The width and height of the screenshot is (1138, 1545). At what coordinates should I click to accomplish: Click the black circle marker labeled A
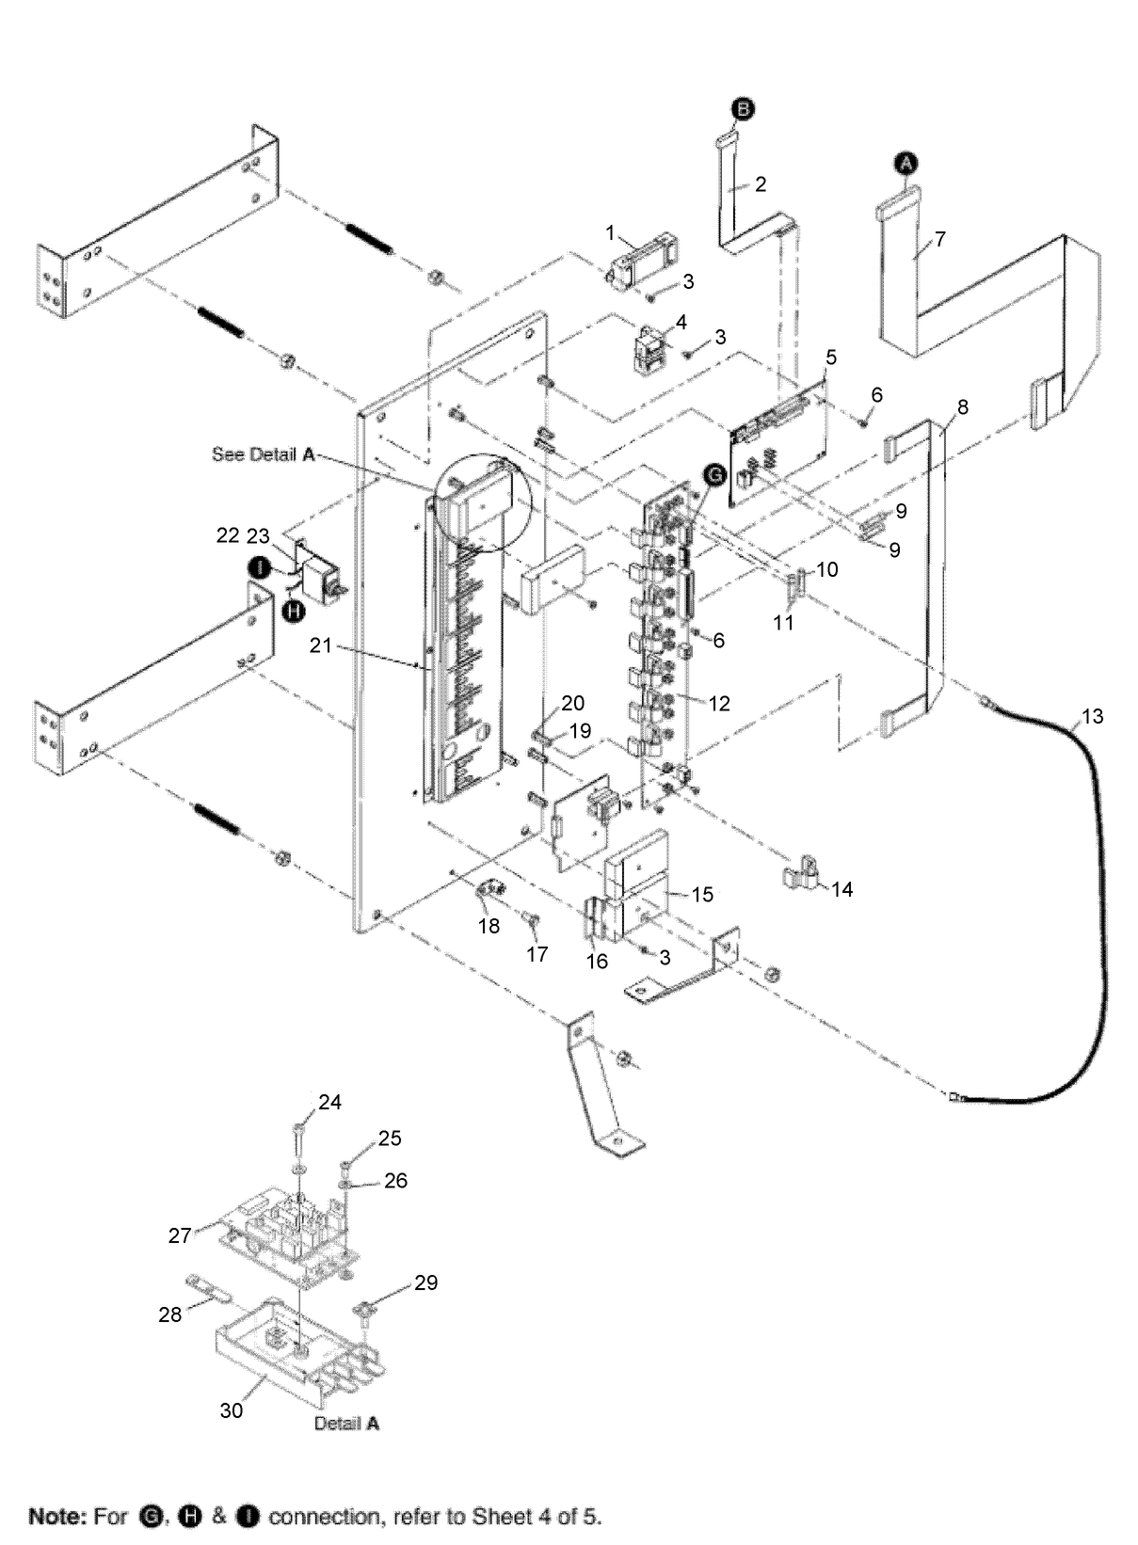905,164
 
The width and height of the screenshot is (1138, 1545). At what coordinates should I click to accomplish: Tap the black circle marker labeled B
743,111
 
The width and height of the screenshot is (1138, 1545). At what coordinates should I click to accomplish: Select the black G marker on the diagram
713,477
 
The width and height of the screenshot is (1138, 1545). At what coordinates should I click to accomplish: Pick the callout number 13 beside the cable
1092,717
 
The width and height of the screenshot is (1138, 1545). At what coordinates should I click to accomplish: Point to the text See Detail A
263,454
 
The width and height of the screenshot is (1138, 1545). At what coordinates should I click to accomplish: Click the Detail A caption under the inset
346,1424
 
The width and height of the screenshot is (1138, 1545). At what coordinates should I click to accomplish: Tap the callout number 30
232,1410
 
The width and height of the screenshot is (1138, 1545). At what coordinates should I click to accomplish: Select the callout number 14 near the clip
841,889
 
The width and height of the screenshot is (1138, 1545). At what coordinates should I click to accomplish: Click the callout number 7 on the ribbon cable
939,239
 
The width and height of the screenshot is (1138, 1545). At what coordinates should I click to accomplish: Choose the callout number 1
611,232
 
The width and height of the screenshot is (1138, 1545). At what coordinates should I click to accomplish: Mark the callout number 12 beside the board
719,704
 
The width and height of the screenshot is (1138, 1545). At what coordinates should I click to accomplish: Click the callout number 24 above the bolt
329,1102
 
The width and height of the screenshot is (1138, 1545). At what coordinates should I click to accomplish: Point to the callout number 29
426,1282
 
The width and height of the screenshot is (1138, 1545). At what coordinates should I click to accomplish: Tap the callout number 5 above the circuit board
830,358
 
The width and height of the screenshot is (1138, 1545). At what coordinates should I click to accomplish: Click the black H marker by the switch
294,611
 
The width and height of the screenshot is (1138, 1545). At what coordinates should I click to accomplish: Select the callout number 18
489,926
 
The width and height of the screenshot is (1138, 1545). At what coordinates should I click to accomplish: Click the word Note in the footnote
57,1516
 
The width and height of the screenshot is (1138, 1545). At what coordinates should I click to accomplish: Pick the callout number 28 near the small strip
170,1314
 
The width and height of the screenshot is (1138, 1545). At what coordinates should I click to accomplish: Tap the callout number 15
703,894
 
